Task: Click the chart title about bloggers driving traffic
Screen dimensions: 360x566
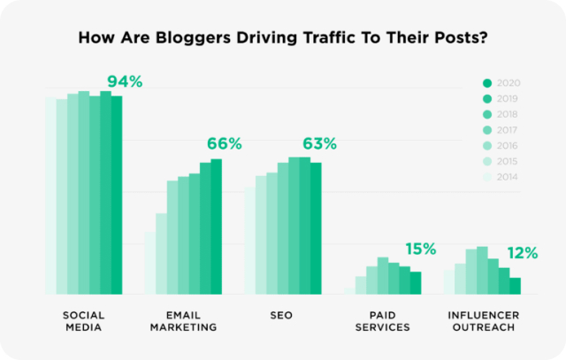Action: (x=283, y=38)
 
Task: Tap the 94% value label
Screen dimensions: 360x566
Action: (x=125, y=82)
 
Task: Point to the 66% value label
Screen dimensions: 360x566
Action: (x=225, y=143)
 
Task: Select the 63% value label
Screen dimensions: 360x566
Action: (x=319, y=143)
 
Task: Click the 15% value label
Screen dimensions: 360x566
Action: (x=420, y=249)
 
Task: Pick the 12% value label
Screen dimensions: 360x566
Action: (x=522, y=253)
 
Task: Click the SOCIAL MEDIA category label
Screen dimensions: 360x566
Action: (x=84, y=321)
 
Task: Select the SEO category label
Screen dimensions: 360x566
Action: (x=283, y=315)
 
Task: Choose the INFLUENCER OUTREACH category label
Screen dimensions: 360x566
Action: (x=482, y=321)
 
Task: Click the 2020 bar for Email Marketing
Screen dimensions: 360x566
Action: (x=216, y=226)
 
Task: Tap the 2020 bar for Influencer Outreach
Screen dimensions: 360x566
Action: (x=515, y=286)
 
